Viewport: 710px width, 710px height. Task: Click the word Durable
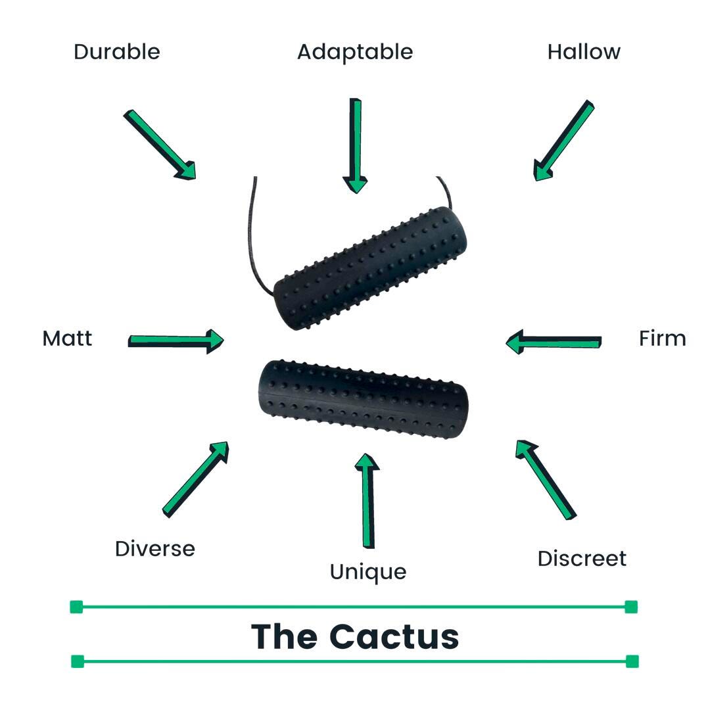(117, 52)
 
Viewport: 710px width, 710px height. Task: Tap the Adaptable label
(355, 53)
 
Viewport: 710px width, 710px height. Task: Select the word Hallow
(584, 52)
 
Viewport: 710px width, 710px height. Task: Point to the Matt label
(67, 339)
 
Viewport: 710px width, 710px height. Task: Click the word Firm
(663, 339)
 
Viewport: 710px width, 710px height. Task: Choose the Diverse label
(155, 548)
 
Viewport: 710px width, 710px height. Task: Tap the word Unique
(368, 573)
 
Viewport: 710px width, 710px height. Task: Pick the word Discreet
(582, 558)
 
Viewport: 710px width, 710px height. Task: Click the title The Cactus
(355, 636)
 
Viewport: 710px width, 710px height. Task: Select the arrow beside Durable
(160, 145)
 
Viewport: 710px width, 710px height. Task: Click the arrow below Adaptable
(356, 146)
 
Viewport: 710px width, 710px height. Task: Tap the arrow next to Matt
(176, 341)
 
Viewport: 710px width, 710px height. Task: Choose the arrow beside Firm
(554, 341)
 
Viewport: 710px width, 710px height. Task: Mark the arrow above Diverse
(196, 479)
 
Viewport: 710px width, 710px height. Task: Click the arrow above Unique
(367, 501)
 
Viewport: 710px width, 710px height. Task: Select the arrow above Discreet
(546, 479)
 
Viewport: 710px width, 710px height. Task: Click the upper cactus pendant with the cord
(370, 268)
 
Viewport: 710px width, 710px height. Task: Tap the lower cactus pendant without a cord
(363, 398)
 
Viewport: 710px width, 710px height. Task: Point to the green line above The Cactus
(354, 607)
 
